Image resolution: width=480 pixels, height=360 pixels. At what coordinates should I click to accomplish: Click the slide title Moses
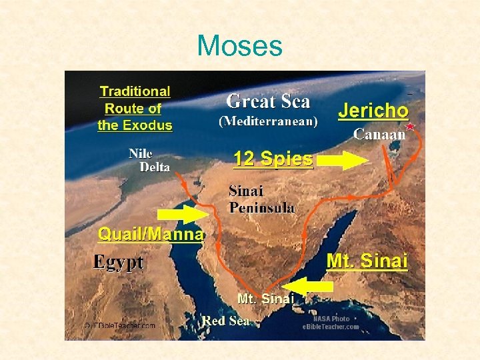click(x=240, y=46)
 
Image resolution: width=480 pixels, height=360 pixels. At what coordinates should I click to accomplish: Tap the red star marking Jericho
click(x=410, y=126)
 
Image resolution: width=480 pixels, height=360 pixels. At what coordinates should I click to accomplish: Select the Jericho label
click(x=373, y=111)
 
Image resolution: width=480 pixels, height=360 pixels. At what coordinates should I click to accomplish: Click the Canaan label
click(x=379, y=134)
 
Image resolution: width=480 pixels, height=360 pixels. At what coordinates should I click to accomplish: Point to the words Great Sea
click(x=268, y=101)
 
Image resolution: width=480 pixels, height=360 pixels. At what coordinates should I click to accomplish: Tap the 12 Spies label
click(x=273, y=159)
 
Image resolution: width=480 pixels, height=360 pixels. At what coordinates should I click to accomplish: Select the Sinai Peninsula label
click(x=261, y=199)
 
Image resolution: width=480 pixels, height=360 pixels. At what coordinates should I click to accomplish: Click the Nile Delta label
click(x=149, y=161)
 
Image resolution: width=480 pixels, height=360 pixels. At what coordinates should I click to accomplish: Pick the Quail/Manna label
click(x=151, y=234)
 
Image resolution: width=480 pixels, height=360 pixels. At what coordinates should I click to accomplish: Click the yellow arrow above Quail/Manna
click(x=182, y=215)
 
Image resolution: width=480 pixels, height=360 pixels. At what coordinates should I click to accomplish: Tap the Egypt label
click(x=118, y=261)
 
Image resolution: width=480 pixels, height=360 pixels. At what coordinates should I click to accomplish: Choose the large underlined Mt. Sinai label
click(x=367, y=261)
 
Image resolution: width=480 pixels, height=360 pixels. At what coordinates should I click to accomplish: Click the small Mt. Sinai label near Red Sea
click(x=265, y=299)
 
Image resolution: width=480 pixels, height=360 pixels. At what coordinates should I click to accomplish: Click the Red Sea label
click(x=226, y=321)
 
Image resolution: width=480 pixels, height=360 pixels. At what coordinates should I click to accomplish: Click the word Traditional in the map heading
click(x=135, y=91)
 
